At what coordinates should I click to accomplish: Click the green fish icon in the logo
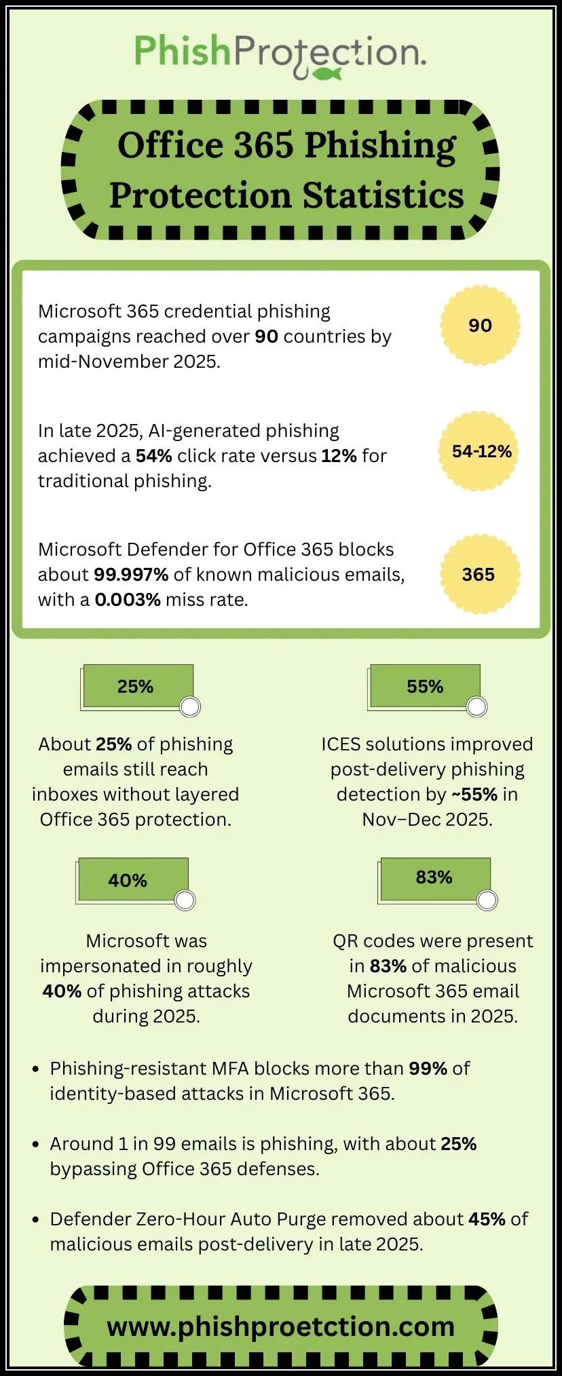tap(329, 73)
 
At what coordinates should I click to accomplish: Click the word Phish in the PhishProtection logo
tap(182, 51)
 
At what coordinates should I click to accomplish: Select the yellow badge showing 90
tap(480, 326)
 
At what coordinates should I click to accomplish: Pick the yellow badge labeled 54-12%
tap(481, 451)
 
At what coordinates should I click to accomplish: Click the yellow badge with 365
tap(479, 575)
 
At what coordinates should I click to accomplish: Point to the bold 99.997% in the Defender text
tap(131, 575)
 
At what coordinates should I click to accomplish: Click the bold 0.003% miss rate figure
tap(128, 600)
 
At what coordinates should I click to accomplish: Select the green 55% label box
tap(426, 686)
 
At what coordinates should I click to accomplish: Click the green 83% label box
tap(435, 877)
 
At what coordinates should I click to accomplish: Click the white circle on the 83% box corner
tap(487, 900)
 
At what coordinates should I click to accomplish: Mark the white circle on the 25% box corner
tap(190, 707)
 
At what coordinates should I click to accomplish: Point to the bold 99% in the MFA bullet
tap(428, 1069)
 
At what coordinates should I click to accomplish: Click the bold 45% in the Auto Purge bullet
tap(487, 1219)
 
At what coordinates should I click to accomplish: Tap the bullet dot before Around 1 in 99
tap(36, 1145)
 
